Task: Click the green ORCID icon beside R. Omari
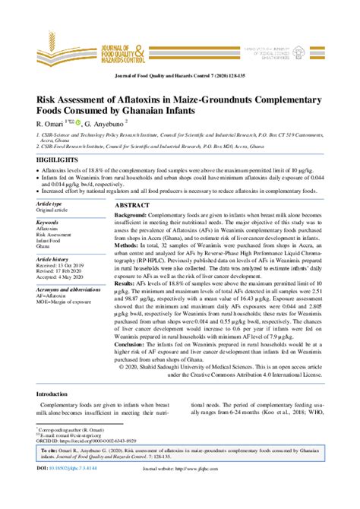77,122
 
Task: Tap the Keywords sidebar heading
48,221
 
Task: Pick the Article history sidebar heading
52,259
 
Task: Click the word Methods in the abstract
127,247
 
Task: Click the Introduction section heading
57,394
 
